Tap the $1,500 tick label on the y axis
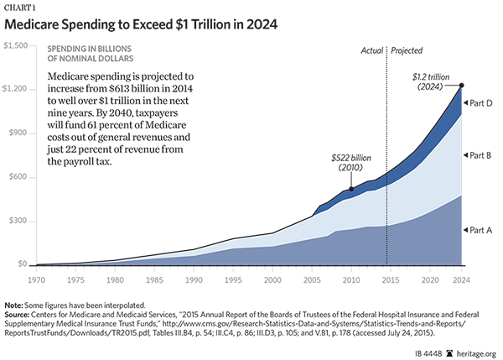16,44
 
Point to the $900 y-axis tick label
18,133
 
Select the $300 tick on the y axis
18,222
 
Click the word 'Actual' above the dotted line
370,50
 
